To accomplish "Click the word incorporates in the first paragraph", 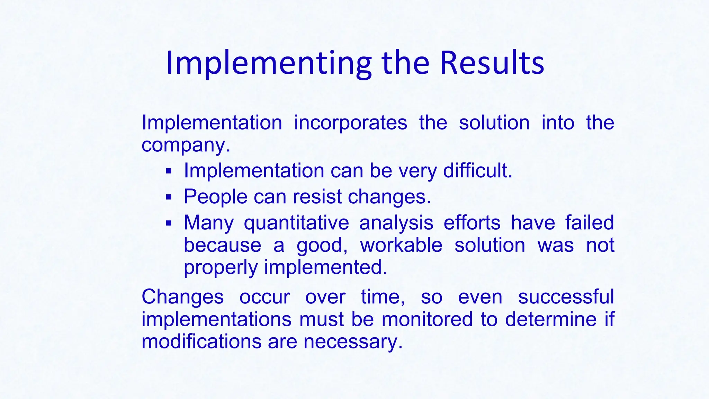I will (x=350, y=123).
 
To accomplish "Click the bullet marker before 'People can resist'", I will (x=169, y=197).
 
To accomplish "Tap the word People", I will (x=215, y=197).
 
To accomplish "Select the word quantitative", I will (x=296, y=223).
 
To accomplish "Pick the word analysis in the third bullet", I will (x=396, y=223).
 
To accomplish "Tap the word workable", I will (x=401, y=245).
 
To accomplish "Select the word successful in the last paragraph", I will (x=566, y=297).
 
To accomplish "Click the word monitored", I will (x=427, y=319).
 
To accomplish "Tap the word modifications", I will (x=201, y=342).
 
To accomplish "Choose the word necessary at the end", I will (x=353, y=342).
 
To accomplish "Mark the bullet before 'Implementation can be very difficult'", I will (x=169, y=171).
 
